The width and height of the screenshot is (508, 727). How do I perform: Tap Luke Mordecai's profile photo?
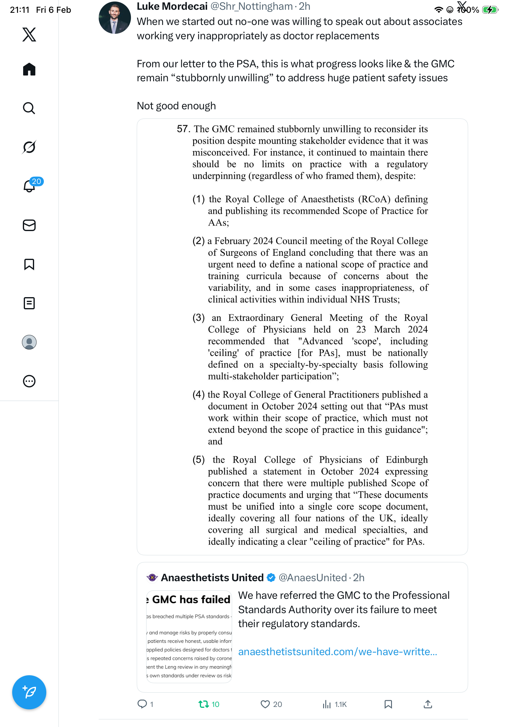[x=115, y=18]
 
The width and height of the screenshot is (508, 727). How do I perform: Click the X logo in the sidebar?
[x=29, y=34]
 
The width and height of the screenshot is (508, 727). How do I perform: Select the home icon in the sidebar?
[x=29, y=69]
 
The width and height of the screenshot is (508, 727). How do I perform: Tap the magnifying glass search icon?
[x=29, y=108]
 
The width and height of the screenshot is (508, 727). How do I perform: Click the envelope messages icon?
[x=29, y=225]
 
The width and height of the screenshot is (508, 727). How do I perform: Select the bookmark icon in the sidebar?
[x=29, y=264]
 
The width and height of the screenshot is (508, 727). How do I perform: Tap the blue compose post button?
[x=29, y=692]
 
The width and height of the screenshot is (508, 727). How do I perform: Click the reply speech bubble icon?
[x=142, y=704]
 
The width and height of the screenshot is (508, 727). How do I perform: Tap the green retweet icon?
[x=203, y=704]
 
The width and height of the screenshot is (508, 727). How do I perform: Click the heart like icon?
[x=265, y=704]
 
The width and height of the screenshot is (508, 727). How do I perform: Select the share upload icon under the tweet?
[x=428, y=704]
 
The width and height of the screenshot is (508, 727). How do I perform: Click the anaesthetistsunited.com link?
[x=337, y=651]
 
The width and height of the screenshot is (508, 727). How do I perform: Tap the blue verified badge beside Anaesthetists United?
[x=271, y=578]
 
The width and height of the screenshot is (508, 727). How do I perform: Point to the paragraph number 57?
[x=183, y=129]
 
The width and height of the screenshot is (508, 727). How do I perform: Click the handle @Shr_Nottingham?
[x=252, y=6]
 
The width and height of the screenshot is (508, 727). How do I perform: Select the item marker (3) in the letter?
[x=199, y=318]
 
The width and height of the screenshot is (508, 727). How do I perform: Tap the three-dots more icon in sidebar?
[x=29, y=381]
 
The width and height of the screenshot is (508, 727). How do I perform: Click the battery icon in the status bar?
[x=490, y=10]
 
